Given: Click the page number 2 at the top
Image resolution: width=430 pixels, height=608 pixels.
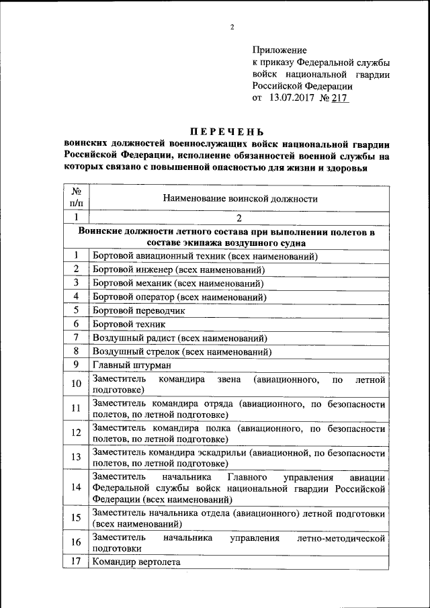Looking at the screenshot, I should pos(231,28).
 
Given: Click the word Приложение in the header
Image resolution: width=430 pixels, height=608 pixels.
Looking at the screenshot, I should pos(279,50).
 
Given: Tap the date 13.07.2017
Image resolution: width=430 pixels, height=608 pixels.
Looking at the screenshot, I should pos(292,98).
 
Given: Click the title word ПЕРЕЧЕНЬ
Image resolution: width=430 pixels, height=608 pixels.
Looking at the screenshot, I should pos(226,131).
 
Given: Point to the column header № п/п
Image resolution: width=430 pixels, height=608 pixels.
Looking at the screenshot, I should pos(76,197).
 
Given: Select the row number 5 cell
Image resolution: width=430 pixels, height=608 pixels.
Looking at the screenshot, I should pos(76,310).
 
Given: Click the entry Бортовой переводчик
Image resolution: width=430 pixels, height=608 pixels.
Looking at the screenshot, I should pos(138,310).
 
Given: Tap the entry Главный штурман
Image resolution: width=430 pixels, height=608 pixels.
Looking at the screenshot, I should pos(132,365).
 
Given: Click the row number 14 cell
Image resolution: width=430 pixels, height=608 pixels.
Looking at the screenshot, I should pos(76,487).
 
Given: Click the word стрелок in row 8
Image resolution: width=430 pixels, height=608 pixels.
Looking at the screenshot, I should pos(160,351).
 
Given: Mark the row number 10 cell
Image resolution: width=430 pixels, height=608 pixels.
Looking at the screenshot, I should pos(76,384).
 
